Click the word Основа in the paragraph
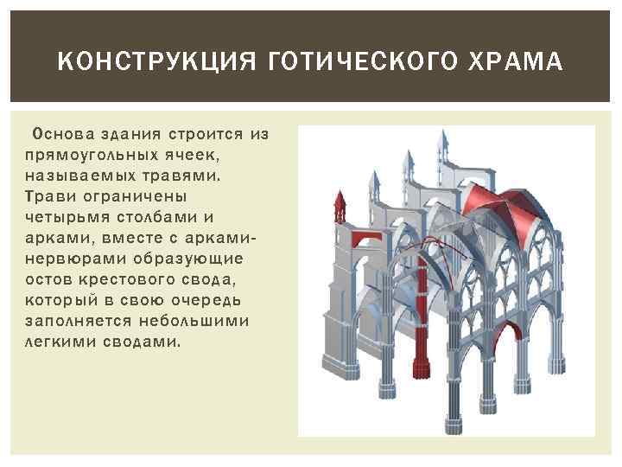coord(62,135)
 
